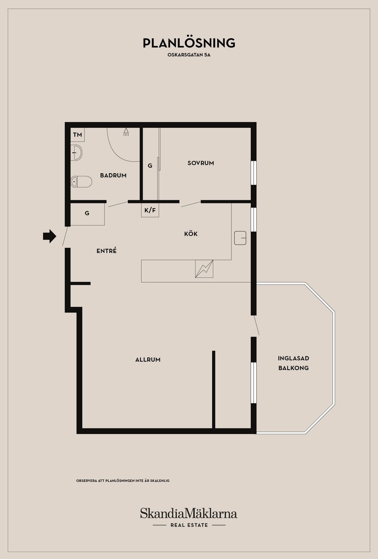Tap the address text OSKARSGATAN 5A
click(189, 55)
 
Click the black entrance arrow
click(50, 236)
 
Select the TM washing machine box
click(78, 135)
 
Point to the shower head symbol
click(126, 132)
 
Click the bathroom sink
click(76, 152)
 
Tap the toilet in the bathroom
click(81, 181)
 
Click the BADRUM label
click(113, 176)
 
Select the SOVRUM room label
click(201, 163)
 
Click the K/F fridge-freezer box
click(150, 210)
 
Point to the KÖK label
click(191, 234)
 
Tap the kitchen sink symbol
click(240, 238)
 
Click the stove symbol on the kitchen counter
click(204, 269)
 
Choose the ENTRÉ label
click(107, 250)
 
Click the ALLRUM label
click(148, 359)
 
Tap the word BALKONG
click(294, 368)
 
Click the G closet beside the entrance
click(87, 214)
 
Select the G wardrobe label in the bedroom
click(150, 166)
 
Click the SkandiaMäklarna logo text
click(189, 513)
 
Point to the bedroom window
click(254, 173)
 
